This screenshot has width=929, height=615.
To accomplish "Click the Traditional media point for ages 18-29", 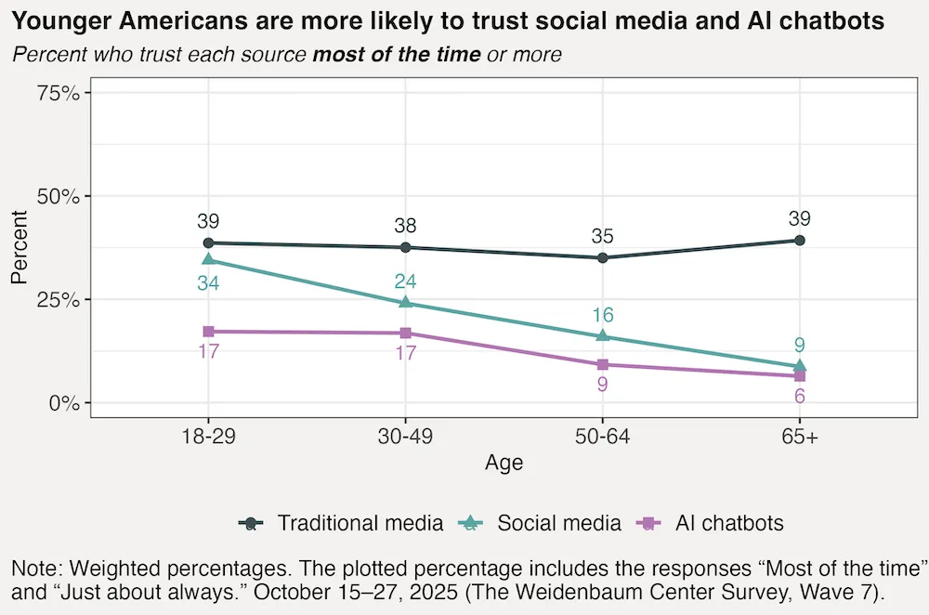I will tap(208, 242).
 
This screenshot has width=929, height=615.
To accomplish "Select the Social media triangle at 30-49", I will tap(405, 302).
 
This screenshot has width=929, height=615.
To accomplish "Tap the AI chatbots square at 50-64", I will tap(602, 364).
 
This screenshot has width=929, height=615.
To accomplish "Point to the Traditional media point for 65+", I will tap(799, 241).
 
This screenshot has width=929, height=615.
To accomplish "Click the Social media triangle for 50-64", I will tap(602, 335).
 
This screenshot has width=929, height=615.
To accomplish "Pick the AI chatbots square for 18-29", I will tap(208, 332).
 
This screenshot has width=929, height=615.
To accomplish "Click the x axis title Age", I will tap(504, 463).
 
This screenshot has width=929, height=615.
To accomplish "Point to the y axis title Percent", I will tap(20, 248).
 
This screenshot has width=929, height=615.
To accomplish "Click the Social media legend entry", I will tap(558, 523).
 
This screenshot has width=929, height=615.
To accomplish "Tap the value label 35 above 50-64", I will tap(602, 237).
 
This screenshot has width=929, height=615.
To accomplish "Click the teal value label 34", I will tap(208, 282).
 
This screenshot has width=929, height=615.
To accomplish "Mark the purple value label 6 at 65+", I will tap(799, 396).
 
